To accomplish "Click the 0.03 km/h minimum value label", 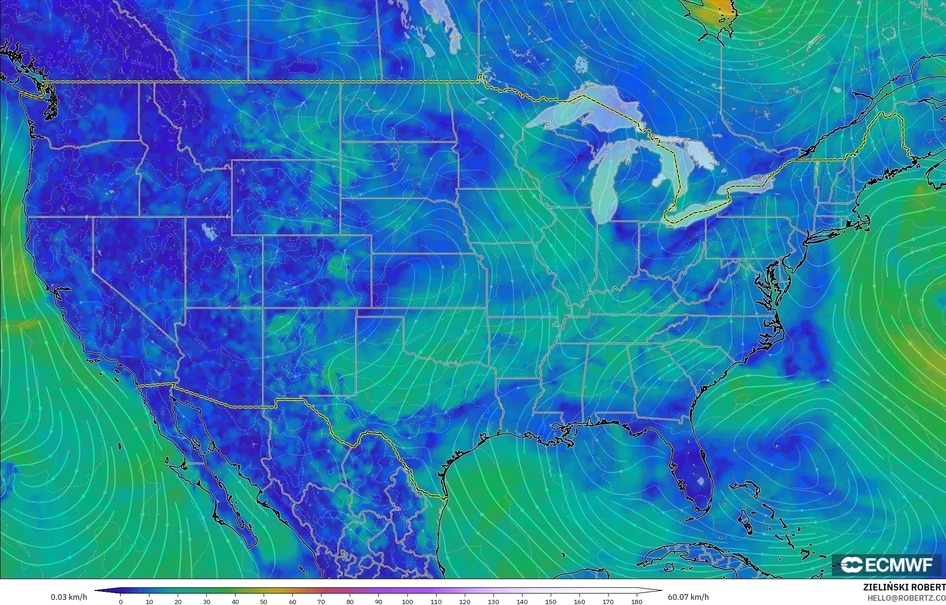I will coord(69,597).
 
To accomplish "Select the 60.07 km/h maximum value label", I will coord(688,597).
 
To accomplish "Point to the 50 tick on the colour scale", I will coord(264,602).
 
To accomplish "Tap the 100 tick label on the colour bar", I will coord(407,602).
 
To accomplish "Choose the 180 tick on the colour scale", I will coord(636,602).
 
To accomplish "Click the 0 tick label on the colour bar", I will coord(121,602).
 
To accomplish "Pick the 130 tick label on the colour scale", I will coord(493,602).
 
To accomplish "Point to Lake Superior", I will coord(583,113).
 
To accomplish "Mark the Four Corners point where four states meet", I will coord(262,307).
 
